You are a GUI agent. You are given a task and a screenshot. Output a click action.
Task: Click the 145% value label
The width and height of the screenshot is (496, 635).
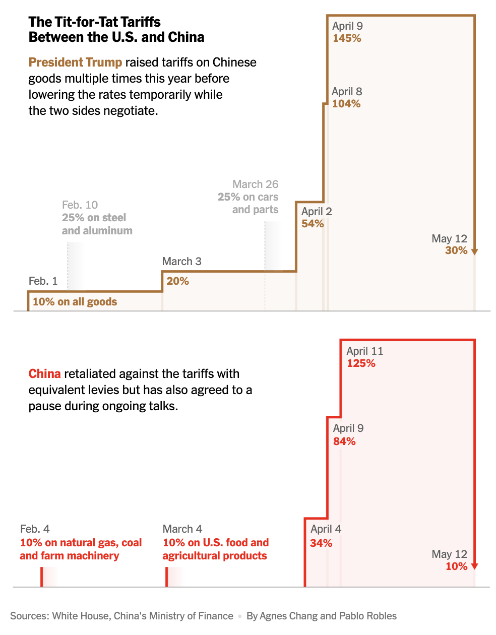[347, 38]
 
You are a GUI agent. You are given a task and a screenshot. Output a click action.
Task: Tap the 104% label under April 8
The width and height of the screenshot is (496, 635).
[346, 104]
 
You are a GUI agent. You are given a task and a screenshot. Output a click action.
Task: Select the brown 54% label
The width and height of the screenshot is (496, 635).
[313, 224]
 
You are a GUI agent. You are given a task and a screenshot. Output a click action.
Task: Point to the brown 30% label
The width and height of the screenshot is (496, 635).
[456, 250]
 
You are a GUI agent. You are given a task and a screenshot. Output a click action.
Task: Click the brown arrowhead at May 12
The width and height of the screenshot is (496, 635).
[474, 251]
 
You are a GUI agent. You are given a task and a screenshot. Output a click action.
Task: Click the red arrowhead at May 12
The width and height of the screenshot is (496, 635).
[474, 566]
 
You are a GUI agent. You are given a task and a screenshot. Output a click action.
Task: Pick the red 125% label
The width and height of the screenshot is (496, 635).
[361, 363]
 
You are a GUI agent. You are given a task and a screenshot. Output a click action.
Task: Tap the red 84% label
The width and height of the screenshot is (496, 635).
[344, 441]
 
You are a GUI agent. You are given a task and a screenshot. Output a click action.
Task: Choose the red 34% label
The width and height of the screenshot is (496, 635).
[321, 543]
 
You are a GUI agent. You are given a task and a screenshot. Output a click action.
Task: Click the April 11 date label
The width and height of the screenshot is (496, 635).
[364, 351]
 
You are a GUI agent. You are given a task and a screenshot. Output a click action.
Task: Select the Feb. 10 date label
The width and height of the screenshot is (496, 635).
[80, 205]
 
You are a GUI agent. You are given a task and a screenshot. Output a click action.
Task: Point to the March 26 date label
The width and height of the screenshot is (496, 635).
[255, 184]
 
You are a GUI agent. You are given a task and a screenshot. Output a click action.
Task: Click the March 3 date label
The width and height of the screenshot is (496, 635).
[181, 261]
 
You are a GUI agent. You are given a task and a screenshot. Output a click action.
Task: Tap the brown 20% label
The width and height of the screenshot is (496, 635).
[177, 281]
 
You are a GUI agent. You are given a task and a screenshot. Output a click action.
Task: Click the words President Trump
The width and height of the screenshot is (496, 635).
[75, 62]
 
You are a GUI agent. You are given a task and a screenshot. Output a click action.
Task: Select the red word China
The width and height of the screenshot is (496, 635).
[44, 374]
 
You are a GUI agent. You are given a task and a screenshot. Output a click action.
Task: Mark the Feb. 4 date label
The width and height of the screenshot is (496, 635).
[35, 529]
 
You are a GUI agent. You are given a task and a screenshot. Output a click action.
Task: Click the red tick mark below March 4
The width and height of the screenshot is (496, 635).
[166, 577]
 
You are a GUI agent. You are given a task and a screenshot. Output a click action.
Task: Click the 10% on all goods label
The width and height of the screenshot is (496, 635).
[75, 302]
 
